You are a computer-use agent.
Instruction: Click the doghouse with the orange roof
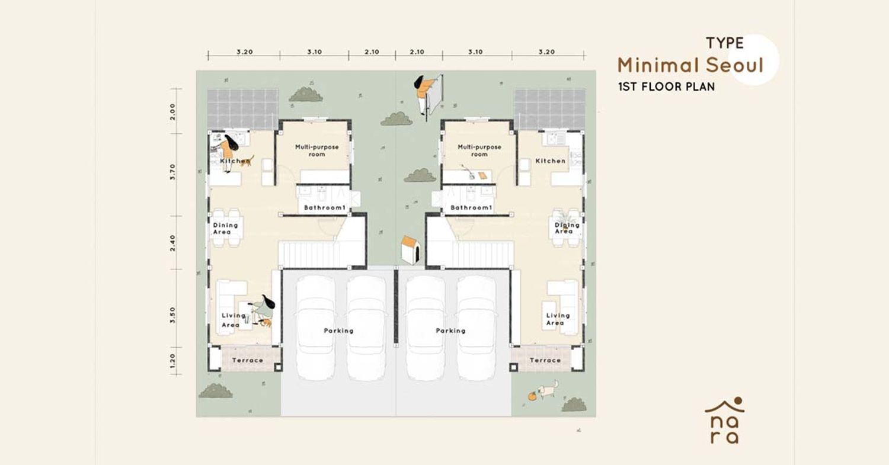click(410, 250)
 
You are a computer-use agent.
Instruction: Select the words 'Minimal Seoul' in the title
click(690, 66)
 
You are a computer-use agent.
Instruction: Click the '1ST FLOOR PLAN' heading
click(666, 86)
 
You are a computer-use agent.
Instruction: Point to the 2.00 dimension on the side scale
click(172, 111)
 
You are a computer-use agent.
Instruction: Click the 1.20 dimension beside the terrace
click(172, 361)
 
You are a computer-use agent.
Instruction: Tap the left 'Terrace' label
click(248, 360)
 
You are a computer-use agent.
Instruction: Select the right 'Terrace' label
click(545, 360)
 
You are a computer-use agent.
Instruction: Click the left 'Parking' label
click(338, 331)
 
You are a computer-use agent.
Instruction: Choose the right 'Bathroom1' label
click(472, 207)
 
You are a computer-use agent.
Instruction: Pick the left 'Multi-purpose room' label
click(316, 150)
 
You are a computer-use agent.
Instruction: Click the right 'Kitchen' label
click(551, 161)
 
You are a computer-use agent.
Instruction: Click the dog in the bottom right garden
click(548, 390)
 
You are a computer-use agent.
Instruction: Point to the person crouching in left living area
click(264, 309)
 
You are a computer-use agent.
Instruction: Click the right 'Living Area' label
click(558, 319)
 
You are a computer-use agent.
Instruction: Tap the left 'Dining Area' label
click(225, 229)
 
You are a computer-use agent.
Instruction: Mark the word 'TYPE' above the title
click(725, 43)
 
